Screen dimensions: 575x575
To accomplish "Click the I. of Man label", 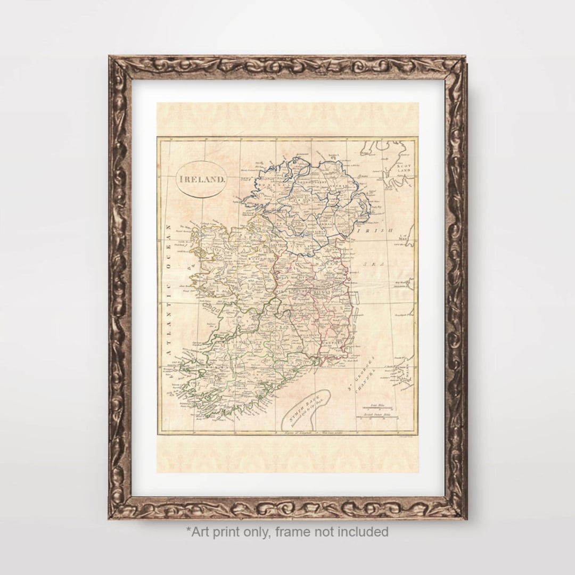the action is [406, 237].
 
